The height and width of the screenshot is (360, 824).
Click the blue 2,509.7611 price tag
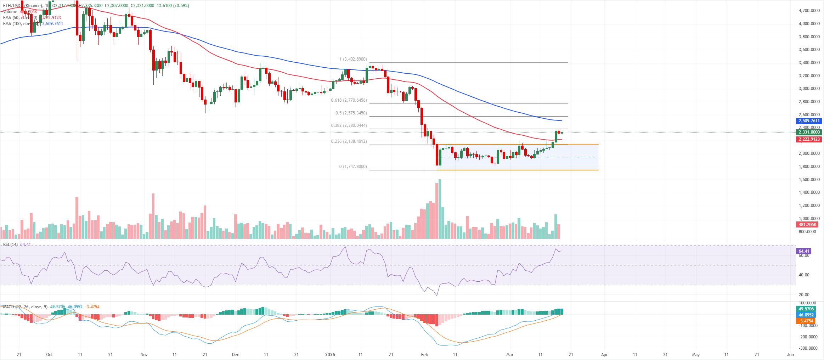click(809, 121)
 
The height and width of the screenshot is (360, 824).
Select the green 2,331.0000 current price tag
click(809, 132)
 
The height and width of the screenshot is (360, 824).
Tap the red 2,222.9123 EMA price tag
click(809, 139)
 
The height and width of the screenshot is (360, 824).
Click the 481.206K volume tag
click(807, 225)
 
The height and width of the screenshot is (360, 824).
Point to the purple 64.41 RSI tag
click(804, 251)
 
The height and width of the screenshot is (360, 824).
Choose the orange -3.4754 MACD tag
click(806, 321)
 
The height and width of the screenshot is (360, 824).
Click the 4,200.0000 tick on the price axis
click(809, 11)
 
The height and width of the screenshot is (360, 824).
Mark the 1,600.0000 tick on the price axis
click(809, 180)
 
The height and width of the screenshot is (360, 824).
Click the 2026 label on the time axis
click(330, 354)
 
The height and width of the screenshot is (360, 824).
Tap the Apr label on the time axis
click(604, 354)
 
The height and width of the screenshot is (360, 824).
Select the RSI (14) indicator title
click(10, 244)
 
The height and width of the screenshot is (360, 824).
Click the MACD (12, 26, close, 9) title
click(25, 307)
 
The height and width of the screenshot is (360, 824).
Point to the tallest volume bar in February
click(440, 209)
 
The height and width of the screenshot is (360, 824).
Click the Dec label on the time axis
click(235, 354)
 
